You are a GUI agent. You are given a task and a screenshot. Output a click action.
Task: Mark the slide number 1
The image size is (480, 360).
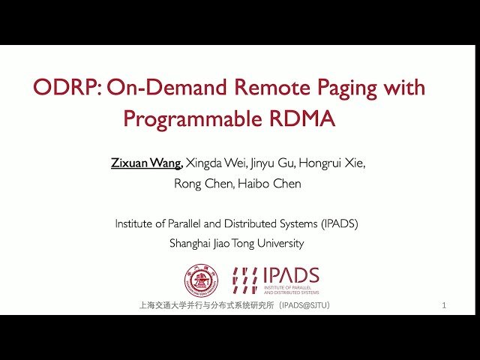click(445, 306)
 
